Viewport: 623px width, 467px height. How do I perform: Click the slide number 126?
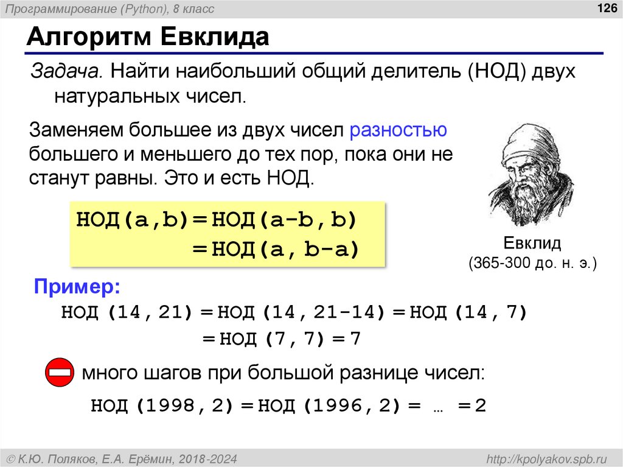(607, 8)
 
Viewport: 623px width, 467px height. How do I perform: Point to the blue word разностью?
(399, 130)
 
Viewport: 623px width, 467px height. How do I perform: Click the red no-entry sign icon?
(60, 372)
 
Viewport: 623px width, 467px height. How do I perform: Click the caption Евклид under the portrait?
(531, 244)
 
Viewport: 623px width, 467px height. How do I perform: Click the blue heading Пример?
(77, 286)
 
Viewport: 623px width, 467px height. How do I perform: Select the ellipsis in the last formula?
(437, 407)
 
